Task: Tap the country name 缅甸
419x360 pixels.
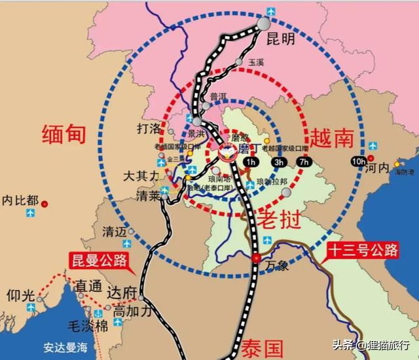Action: click(64, 134)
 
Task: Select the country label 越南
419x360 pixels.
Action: click(333, 137)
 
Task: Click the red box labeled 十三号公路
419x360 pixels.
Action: click(360, 250)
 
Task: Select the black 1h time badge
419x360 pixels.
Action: click(249, 162)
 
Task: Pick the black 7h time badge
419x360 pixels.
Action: click(304, 162)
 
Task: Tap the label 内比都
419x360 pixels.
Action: click(20, 200)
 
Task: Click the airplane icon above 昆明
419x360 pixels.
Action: click(272, 10)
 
